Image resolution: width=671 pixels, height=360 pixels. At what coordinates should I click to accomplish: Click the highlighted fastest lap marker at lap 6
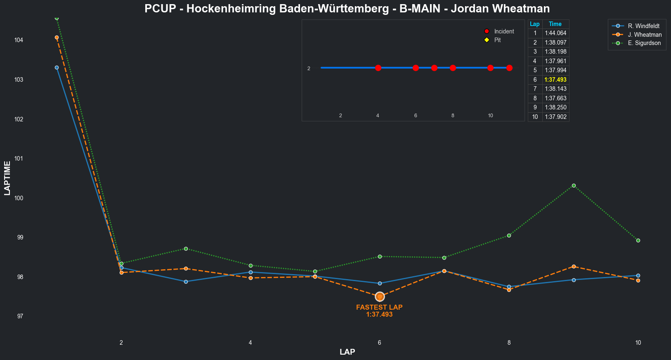[x=380, y=296]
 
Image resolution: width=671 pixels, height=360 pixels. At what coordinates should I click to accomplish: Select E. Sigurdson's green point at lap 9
[x=574, y=186]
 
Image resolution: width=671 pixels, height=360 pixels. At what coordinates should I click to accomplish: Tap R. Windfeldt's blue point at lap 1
[x=57, y=67]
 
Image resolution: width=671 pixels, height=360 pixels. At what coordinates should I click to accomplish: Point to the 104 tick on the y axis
[x=19, y=40]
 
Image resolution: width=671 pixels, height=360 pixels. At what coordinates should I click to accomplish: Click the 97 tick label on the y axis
[x=20, y=316]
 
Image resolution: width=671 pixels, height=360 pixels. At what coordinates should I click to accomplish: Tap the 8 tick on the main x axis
[x=509, y=343]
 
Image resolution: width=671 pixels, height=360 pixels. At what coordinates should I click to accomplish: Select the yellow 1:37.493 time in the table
[x=555, y=80]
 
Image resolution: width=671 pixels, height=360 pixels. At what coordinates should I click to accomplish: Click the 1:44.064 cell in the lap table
[x=555, y=33]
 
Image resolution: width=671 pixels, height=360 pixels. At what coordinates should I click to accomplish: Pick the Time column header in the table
[x=555, y=24]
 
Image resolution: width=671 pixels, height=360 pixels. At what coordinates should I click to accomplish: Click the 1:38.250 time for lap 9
[x=555, y=107]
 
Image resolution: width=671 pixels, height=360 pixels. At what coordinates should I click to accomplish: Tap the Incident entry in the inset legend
[x=504, y=31]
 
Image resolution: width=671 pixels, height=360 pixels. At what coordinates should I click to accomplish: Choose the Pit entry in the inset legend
[x=497, y=40]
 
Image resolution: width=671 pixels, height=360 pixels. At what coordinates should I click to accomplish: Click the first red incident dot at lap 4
[x=378, y=68]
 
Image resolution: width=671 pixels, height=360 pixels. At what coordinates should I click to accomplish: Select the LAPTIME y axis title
[x=7, y=178]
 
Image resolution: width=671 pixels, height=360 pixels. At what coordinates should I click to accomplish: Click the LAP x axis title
[x=347, y=352]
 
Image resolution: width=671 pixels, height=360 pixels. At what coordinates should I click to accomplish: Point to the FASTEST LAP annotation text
[x=379, y=308]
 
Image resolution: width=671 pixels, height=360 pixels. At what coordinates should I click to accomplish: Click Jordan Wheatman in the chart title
[x=500, y=9]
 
